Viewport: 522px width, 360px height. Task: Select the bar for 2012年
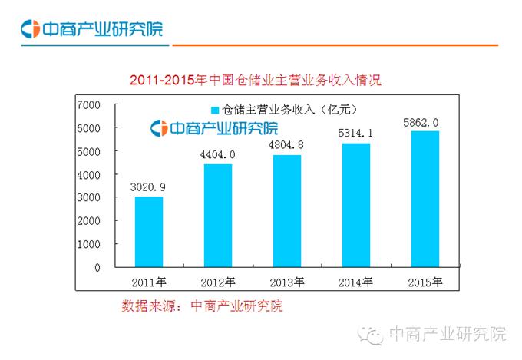click(217, 216)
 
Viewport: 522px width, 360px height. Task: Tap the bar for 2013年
click(286, 211)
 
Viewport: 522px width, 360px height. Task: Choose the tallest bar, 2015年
click(425, 199)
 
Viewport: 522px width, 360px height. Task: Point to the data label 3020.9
click(149, 187)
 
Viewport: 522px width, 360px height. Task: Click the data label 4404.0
click(217, 154)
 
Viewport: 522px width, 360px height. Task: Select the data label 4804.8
click(286, 144)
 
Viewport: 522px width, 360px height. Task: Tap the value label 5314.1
click(355, 133)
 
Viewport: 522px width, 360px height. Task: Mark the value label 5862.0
click(425, 121)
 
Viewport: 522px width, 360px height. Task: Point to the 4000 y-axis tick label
click(88, 174)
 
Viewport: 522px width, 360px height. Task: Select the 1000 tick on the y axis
click(88, 244)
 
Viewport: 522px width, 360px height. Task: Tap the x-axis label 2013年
click(286, 280)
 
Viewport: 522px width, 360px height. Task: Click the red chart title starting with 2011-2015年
click(255, 79)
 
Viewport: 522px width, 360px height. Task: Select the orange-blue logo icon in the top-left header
click(30, 30)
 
